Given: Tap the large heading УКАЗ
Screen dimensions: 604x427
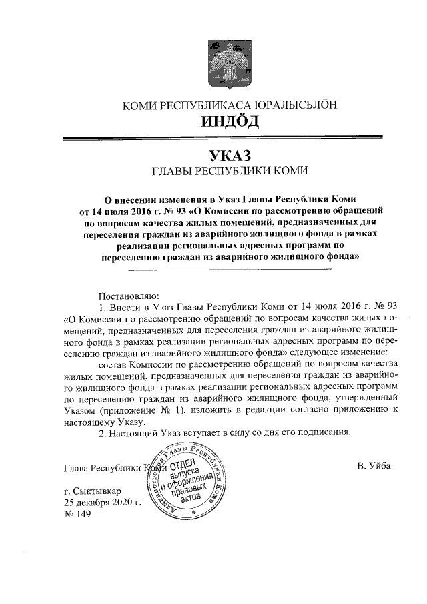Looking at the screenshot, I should coord(230,156).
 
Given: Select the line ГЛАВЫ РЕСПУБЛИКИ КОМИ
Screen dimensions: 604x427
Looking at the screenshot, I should coord(230,172).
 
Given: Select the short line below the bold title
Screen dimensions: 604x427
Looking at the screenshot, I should coord(230,269).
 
